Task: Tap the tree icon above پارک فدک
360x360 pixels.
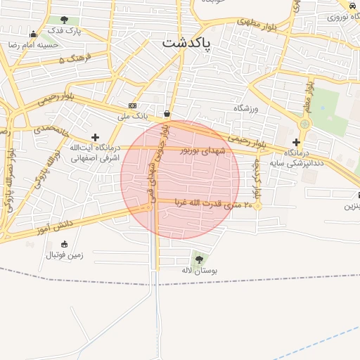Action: pyautogui.click(x=65, y=20)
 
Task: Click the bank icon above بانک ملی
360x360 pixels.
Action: pyautogui.click(x=132, y=105)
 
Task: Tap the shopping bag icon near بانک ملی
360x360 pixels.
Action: pyautogui.click(x=167, y=113)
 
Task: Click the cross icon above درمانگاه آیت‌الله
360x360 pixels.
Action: pyautogui.click(x=95, y=136)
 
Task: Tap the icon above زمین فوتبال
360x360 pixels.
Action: pyautogui.click(x=65, y=244)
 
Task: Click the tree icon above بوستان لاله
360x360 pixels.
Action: pyautogui.click(x=199, y=259)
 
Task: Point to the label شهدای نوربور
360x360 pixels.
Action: pyautogui.click(x=205, y=150)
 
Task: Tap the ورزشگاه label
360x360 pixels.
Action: pyautogui.click(x=247, y=109)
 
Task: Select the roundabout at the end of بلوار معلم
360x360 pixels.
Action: pyautogui.click(x=304, y=124)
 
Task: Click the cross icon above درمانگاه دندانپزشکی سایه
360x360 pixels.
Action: pyautogui.click(x=296, y=142)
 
